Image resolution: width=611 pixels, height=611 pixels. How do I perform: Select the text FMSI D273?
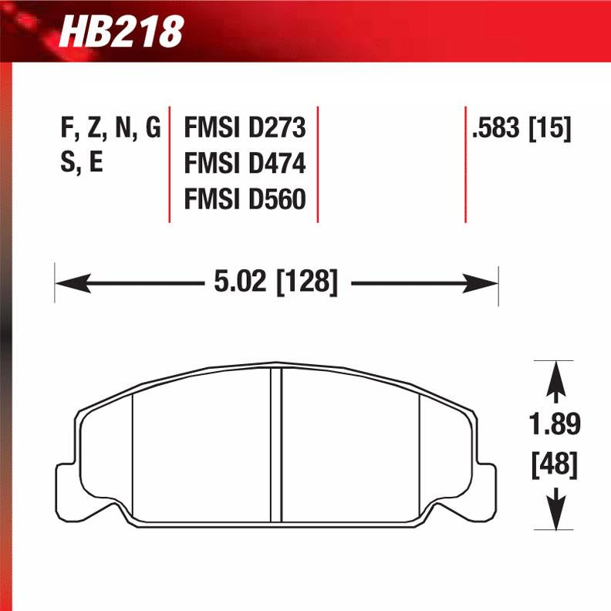tap(245, 127)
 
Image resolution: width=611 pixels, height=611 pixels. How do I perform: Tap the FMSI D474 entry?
tap(245, 164)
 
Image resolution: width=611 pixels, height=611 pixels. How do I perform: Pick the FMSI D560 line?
tap(245, 200)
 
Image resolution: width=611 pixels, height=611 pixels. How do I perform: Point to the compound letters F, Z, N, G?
tap(110, 128)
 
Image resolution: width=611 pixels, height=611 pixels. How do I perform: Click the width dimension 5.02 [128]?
tap(276, 283)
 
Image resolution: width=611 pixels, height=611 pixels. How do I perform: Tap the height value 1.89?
tap(555, 424)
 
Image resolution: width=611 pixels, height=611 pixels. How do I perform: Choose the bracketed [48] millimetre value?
tap(555, 465)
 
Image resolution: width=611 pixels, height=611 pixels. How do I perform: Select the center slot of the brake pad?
tap(276, 444)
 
